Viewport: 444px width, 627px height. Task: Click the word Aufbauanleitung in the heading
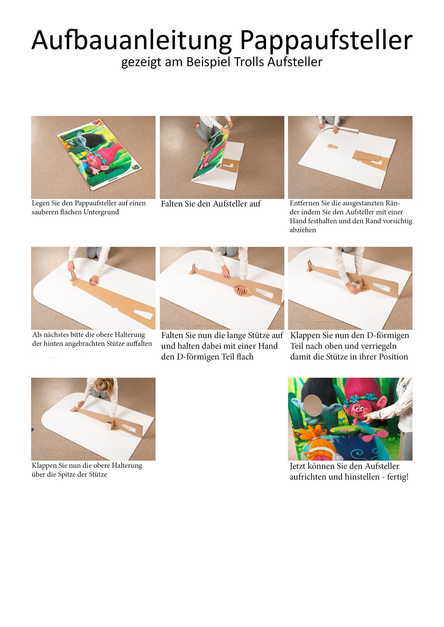pos(132,40)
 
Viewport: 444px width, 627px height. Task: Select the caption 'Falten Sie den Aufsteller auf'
pos(211,204)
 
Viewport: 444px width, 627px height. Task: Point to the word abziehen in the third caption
pos(303,230)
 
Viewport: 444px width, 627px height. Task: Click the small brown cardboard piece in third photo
pos(333,146)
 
